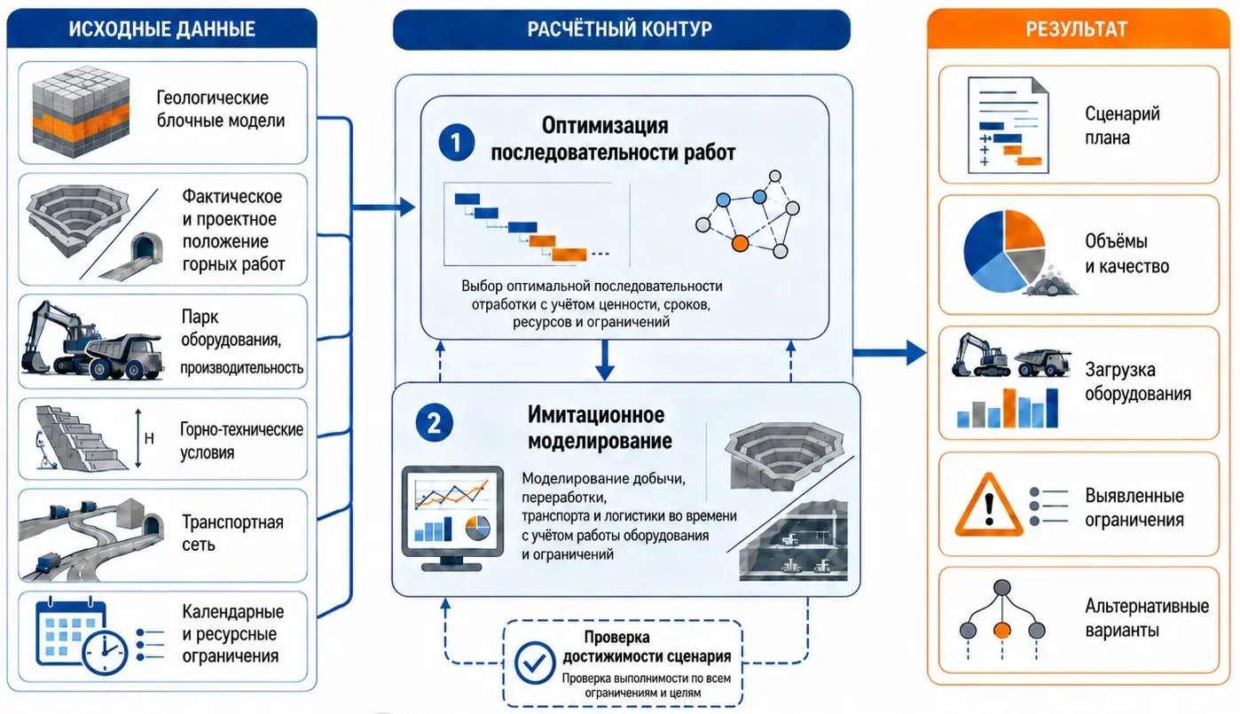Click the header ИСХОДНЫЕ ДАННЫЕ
(x=161, y=28)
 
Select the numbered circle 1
(x=456, y=143)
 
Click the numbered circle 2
(x=434, y=423)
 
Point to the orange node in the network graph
(x=740, y=243)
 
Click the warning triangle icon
(x=989, y=505)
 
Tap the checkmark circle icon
(x=534, y=663)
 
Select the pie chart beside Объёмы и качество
(x=1004, y=252)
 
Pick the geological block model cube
(x=81, y=111)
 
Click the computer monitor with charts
(x=452, y=518)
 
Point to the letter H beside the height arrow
(x=149, y=438)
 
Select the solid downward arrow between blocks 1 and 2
(x=605, y=360)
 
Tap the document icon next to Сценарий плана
(x=1008, y=125)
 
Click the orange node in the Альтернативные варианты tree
(x=1002, y=630)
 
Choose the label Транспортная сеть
(x=232, y=533)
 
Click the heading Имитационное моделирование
(x=600, y=428)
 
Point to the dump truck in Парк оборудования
(x=126, y=357)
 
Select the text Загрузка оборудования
(x=1138, y=381)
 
